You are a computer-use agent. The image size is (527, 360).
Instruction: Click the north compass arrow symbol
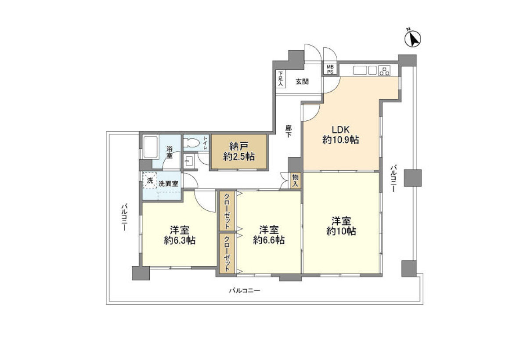tap(412, 39)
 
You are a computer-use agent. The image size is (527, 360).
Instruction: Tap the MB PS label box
tap(330, 70)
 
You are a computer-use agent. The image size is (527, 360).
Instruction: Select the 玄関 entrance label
tap(302, 82)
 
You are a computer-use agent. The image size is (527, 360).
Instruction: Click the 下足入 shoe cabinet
tap(281, 79)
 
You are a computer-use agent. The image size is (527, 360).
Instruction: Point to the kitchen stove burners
tap(384, 71)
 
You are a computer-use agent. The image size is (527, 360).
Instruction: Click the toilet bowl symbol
tap(192, 143)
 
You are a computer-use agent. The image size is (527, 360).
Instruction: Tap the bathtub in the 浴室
tap(151, 148)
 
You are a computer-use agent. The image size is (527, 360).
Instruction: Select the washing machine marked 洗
tap(150, 180)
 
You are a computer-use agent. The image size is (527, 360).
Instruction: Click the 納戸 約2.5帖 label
tap(239, 151)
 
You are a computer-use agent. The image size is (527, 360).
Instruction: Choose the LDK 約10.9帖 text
tap(341, 135)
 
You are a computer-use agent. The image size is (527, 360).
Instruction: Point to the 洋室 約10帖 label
tap(341, 226)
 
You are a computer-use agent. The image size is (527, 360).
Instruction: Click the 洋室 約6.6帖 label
tap(269, 235)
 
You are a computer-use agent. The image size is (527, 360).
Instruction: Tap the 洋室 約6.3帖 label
tap(180, 235)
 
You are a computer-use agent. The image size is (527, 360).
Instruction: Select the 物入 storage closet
tap(295, 180)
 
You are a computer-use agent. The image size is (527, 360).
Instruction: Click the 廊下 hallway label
tap(289, 131)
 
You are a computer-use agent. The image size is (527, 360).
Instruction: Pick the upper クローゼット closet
tap(227, 211)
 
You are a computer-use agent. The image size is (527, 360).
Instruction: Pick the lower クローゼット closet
tap(227, 253)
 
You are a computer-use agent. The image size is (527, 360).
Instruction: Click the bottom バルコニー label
tap(245, 291)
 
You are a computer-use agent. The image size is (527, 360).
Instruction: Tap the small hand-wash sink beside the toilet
tap(189, 161)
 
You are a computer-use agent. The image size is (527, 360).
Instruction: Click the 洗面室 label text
tap(168, 184)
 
